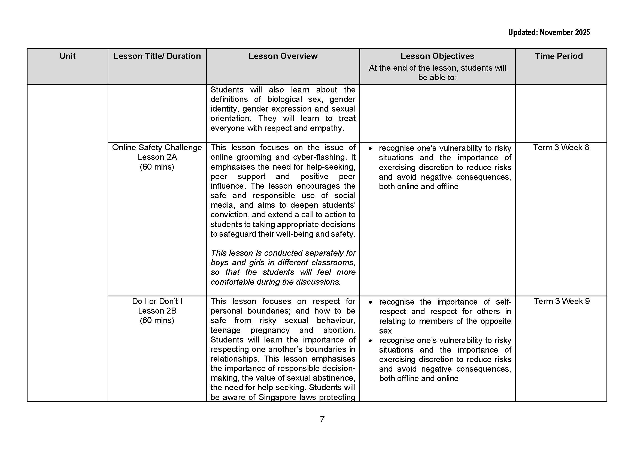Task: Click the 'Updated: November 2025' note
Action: [548, 33]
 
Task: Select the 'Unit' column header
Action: [67, 56]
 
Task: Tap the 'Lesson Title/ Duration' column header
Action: [157, 56]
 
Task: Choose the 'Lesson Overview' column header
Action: [283, 56]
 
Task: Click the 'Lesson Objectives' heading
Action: [437, 56]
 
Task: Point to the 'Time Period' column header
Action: [559, 56]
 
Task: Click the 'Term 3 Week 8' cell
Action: [561, 148]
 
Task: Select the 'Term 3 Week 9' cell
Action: [562, 301]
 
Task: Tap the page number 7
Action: [322, 419]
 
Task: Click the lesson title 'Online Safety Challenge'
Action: [157, 148]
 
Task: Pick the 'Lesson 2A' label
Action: [157, 157]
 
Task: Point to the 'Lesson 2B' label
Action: [157, 311]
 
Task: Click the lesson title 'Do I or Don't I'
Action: [157, 301]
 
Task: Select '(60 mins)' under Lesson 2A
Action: [157, 167]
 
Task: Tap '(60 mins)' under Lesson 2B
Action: [157, 320]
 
